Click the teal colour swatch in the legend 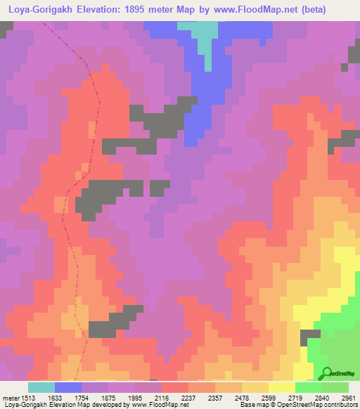(41, 387)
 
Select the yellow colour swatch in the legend (282, 387)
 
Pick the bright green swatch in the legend (309, 387)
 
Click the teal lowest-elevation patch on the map (204, 35)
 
